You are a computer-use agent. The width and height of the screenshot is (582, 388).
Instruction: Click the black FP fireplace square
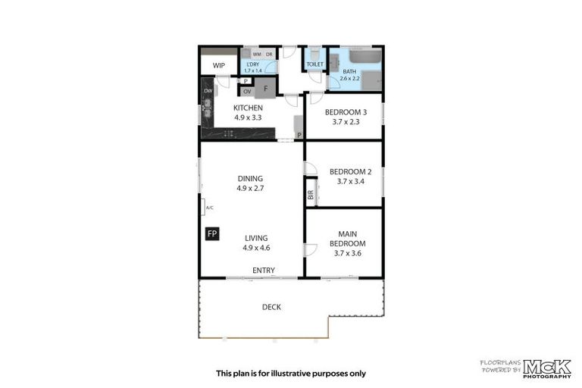click(212, 233)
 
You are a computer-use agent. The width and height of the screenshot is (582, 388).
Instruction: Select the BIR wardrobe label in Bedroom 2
click(311, 194)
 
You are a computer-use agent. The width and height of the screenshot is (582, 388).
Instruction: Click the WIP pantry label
click(218, 65)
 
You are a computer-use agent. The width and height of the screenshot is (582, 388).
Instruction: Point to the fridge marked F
click(265, 89)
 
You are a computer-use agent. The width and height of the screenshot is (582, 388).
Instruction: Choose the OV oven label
click(247, 92)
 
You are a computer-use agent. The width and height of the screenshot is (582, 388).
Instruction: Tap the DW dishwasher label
click(207, 92)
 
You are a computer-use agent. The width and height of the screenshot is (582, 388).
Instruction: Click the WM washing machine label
click(256, 54)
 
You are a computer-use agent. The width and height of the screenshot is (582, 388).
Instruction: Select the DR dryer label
click(268, 54)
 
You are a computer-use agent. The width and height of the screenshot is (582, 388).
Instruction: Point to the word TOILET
click(315, 64)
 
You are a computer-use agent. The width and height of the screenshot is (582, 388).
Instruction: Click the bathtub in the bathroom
click(366, 58)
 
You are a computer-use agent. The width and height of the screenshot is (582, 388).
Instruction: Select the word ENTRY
click(263, 271)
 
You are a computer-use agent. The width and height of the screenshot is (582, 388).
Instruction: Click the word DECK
click(271, 307)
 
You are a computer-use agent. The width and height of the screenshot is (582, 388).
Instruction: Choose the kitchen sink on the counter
click(207, 114)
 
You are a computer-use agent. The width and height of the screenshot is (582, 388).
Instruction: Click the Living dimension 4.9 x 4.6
click(255, 248)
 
